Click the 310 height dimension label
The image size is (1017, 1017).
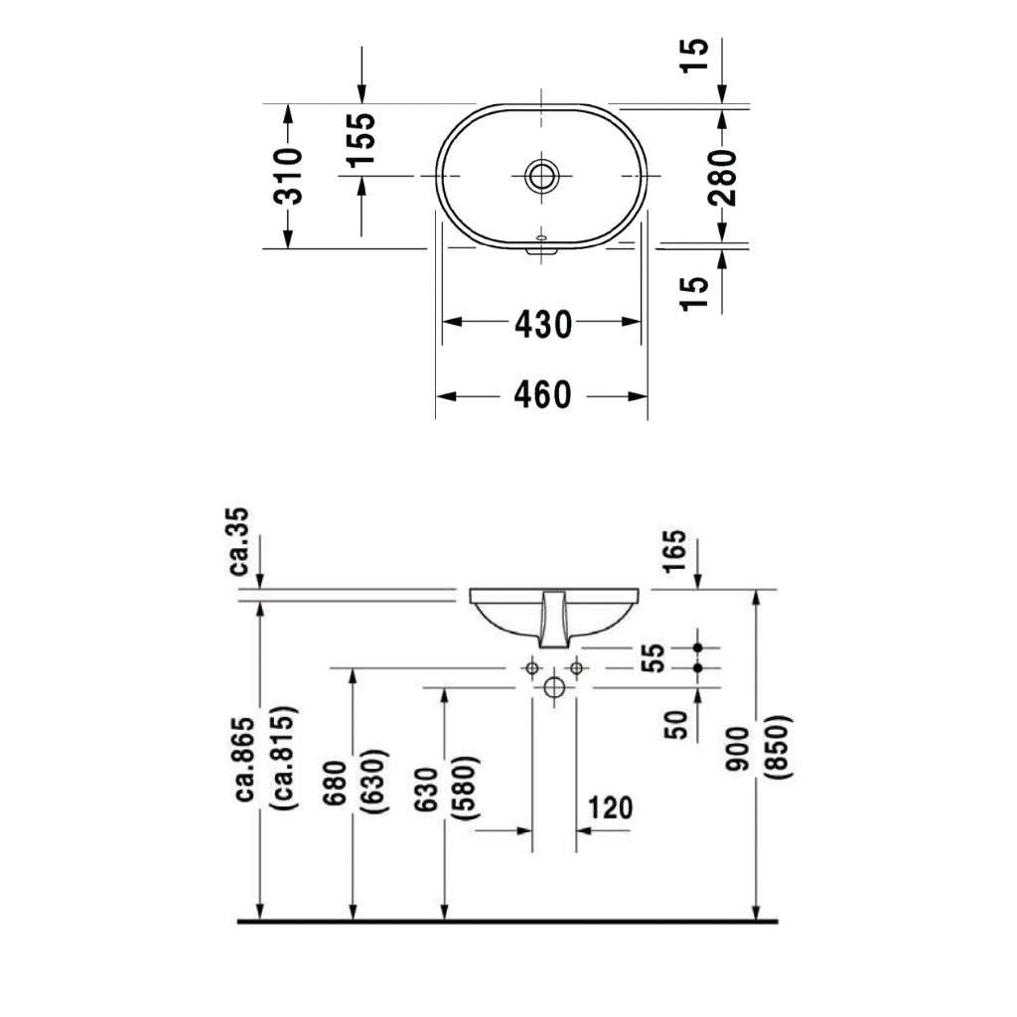(288, 176)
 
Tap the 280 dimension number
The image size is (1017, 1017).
(724, 176)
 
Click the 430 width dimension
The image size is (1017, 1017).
(542, 323)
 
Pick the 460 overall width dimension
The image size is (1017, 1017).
(542, 395)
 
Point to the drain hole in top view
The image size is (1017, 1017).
(542, 176)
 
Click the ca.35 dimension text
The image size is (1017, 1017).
(239, 541)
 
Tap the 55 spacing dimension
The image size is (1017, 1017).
(651, 657)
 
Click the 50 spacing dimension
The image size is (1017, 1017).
(675, 724)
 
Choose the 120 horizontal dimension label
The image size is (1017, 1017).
(609, 807)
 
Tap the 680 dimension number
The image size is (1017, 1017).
(335, 785)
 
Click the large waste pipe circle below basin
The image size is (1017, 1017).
(554, 687)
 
